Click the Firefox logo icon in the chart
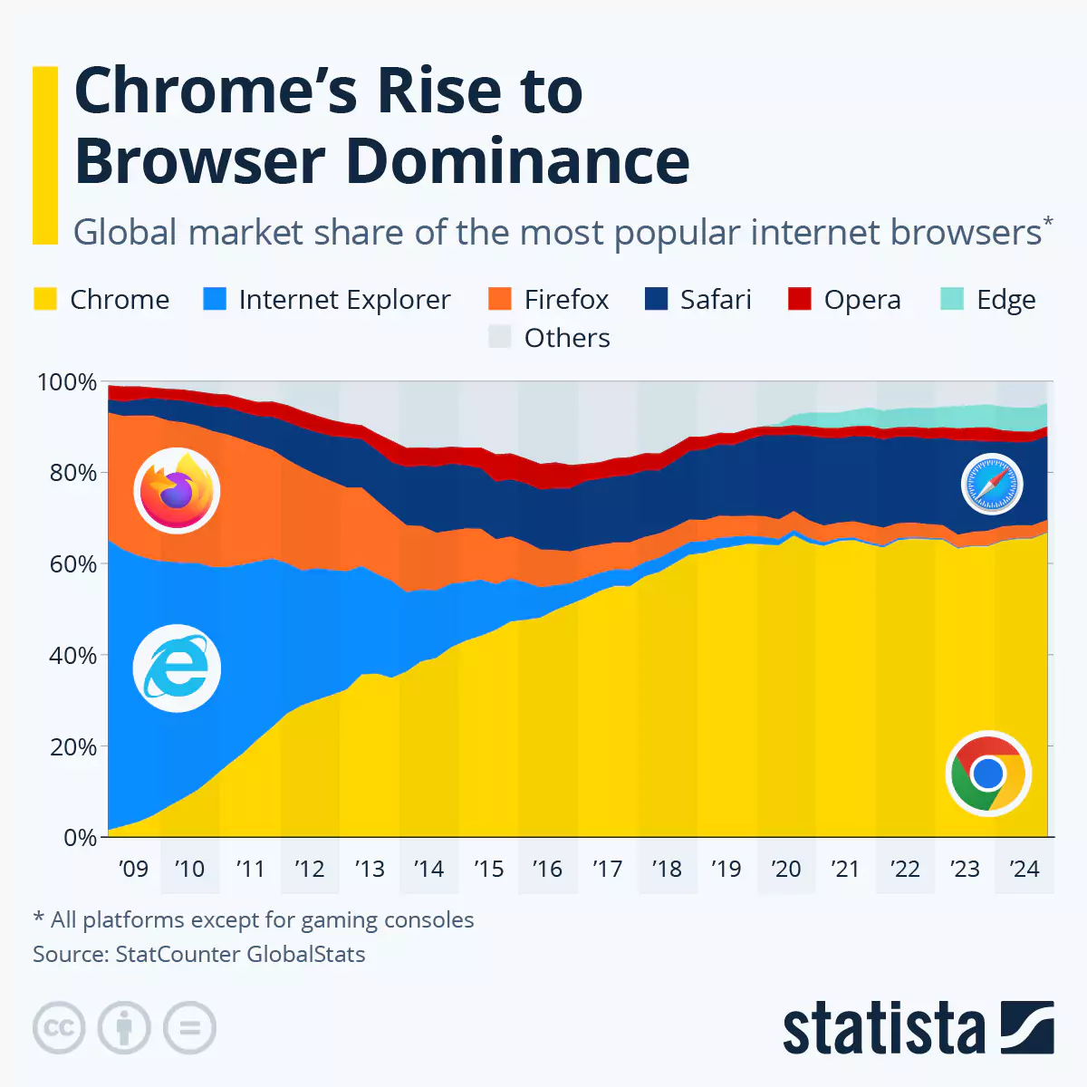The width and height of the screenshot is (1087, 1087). point(177,491)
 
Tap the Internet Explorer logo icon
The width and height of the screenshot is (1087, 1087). point(177,669)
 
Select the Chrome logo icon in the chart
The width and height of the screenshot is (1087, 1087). point(988,774)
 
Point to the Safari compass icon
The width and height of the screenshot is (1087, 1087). point(992,485)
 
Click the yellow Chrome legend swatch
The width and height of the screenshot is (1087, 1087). point(45,299)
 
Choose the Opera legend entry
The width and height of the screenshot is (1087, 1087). point(844,299)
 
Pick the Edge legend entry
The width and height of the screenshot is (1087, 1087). point(988,299)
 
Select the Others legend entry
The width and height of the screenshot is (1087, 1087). point(549,338)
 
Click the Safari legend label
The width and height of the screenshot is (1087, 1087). point(716,299)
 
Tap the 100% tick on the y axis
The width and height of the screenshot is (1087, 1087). point(66,382)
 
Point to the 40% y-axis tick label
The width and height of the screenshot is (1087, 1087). point(72,656)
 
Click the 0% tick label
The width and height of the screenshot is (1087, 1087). point(80,838)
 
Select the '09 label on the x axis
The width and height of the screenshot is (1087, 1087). point(133,869)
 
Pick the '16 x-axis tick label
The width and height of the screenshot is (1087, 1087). point(547,869)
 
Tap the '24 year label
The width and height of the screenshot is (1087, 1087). point(1024,869)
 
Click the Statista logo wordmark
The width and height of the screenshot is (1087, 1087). point(883,1028)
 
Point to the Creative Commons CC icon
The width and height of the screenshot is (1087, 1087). point(59,1028)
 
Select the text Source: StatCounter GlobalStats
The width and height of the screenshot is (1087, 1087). point(199,954)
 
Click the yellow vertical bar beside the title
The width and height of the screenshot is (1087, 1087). point(45,154)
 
